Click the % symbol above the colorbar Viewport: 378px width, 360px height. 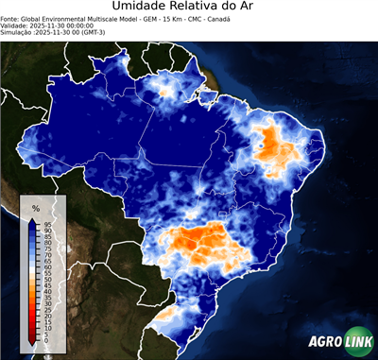click(35, 207)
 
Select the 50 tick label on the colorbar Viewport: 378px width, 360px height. click(47, 280)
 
